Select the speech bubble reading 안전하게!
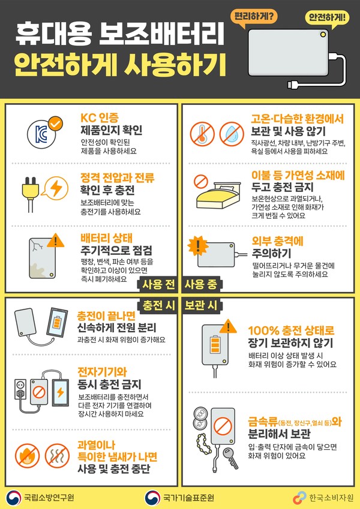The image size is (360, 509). coord(326,18)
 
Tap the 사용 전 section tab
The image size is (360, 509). coord(158,283)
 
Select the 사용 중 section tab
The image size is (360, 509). coord(201,283)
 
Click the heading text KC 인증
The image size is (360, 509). coord(100,116)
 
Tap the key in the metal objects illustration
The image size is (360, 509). coord(230,459)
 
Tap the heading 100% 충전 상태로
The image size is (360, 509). coord(290,330)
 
